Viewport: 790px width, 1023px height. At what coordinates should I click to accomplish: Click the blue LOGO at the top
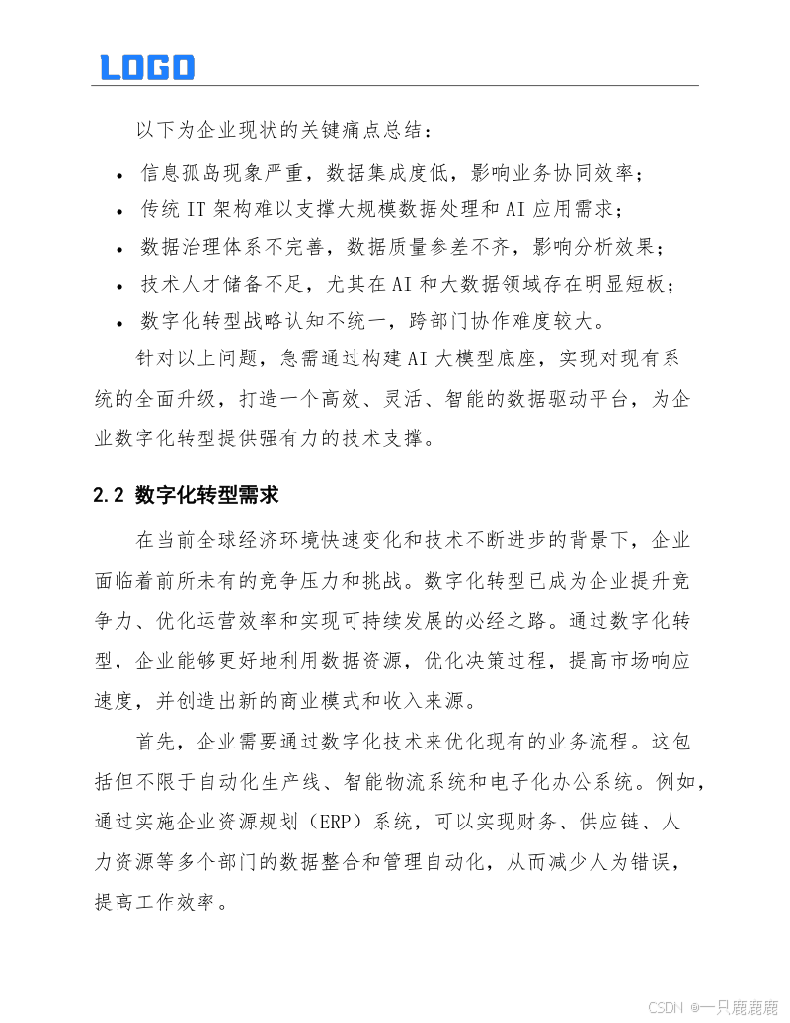147,67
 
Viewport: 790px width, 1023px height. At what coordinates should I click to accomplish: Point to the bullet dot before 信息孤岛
119,176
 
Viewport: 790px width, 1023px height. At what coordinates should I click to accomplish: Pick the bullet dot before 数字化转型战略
119,323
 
